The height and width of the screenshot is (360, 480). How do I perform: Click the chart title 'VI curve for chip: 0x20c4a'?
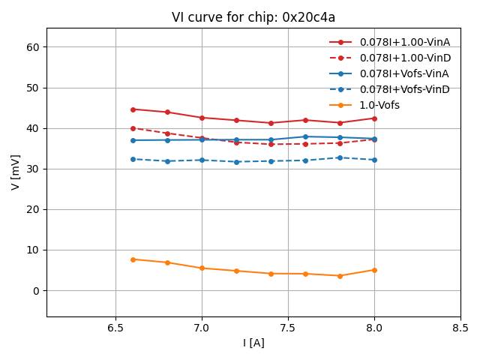click(x=253, y=17)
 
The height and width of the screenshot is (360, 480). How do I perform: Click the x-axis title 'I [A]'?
click(x=253, y=343)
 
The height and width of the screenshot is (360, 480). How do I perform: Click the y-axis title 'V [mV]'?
click(x=16, y=172)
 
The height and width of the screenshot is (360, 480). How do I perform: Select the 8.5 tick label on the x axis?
click(x=460, y=328)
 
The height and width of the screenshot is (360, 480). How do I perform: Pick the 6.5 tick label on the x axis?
click(x=115, y=328)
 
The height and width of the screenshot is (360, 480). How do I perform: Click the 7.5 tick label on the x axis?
click(x=288, y=328)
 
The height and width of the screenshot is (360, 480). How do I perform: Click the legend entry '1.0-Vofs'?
click(x=379, y=105)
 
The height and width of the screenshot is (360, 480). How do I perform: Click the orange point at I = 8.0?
click(x=374, y=270)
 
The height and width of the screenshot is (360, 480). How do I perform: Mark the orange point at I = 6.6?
click(x=133, y=259)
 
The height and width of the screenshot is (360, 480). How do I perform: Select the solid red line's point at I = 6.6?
click(x=133, y=109)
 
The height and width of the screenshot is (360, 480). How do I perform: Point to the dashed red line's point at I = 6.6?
click(x=133, y=128)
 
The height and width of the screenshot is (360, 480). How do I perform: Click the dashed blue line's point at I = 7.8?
click(x=340, y=157)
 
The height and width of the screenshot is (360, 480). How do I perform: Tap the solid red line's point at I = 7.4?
click(x=271, y=123)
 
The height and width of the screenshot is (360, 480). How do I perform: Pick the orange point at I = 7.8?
click(x=340, y=276)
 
